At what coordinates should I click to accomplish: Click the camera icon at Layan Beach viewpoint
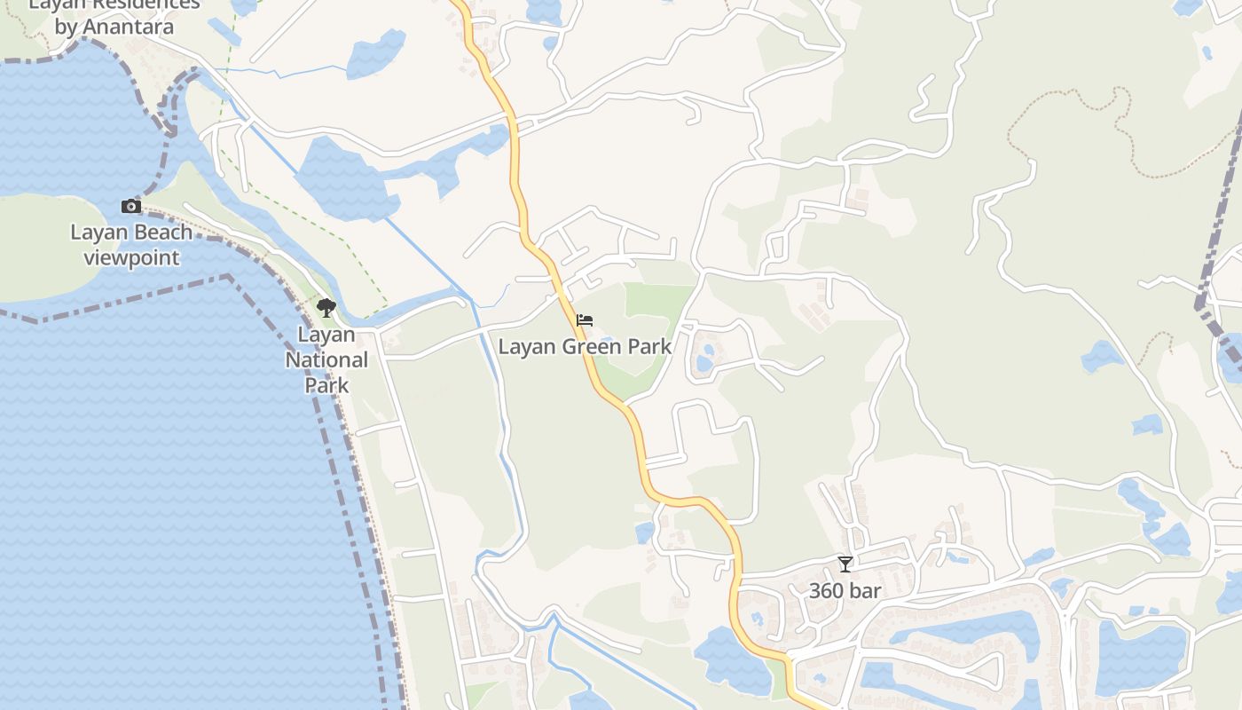[131, 207]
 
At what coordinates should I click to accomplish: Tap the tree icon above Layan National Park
[326, 308]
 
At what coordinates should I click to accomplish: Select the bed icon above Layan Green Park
[584, 320]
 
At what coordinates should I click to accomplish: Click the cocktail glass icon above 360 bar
[845, 564]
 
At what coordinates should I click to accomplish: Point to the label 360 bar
[845, 591]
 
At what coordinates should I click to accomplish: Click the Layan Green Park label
[585, 346]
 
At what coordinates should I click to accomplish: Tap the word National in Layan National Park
[326, 360]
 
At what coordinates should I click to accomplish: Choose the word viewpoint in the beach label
[131, 258]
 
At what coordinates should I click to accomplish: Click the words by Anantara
[114, 27]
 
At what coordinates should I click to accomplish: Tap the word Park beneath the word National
[326, 386]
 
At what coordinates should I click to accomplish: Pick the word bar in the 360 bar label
[866, 591]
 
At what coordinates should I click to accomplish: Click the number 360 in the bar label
[826, 591]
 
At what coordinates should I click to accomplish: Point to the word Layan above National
[326, 335]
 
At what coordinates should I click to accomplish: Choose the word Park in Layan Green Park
[650, 346]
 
